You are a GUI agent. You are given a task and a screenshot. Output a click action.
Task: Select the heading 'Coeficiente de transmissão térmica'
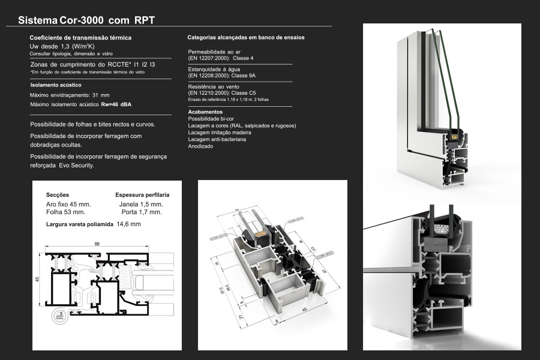80,38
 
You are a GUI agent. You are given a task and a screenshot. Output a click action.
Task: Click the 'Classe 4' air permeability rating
244,58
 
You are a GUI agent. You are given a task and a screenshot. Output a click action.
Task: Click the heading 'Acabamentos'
205,112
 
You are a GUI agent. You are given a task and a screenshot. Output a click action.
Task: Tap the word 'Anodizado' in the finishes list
200,146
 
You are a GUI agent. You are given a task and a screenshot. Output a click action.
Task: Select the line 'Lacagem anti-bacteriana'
217,139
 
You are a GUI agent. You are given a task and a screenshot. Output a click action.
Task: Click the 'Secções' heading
58,195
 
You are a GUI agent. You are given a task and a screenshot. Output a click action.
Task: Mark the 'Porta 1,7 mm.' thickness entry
141,212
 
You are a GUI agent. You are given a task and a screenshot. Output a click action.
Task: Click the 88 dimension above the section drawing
97,244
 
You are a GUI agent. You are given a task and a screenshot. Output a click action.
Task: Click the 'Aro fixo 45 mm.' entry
67,204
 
